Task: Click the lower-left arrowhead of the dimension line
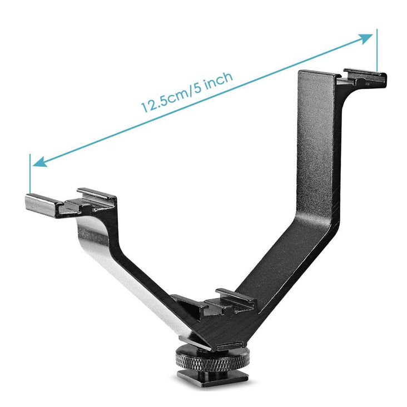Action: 39,162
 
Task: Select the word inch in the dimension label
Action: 217,78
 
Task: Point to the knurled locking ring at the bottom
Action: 213,359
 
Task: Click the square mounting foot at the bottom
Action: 213,379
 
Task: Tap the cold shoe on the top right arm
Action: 364,77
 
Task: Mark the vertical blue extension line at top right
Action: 377,51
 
